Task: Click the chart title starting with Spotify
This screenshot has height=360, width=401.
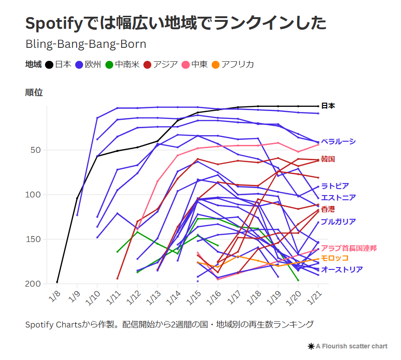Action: (x=175, y=23)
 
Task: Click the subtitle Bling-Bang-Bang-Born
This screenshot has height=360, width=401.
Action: (x=86, y=44)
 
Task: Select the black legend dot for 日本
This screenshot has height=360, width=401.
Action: (x=49, y=65)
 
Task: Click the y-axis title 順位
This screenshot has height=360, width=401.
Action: (x=34, y=92)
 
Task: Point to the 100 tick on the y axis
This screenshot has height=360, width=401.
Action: (x=35, y=195)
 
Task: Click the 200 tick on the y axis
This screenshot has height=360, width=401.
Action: (x=35, y=283)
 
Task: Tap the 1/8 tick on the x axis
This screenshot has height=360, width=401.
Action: (x=55, y=295)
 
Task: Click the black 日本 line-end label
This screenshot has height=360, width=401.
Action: (x=328, y=106)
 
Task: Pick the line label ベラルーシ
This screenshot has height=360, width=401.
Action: (x=338, y=142)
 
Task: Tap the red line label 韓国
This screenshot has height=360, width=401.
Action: (x=328, y=159)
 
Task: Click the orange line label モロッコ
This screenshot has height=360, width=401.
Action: (x=334, y=258)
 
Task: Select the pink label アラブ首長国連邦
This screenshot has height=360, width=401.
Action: (x=349, y=248)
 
